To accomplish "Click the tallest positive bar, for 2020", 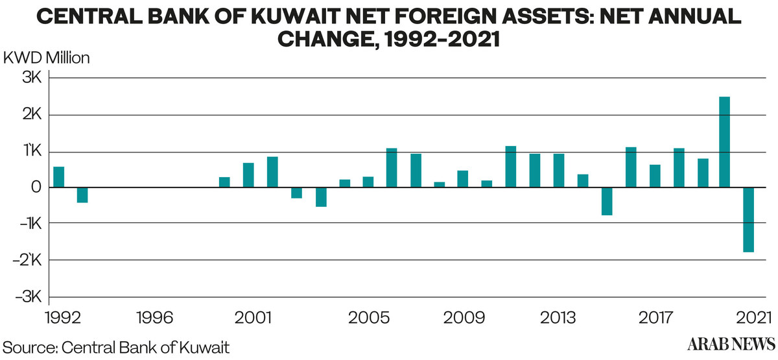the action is click(724, 142).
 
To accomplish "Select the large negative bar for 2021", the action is click(748, 220).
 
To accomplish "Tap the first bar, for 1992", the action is click(59, 177).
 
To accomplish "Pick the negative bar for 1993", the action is click(82, 195).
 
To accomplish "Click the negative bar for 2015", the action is click(607, 201).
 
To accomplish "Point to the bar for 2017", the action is click(655, 176).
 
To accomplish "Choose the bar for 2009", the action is click(463, 179).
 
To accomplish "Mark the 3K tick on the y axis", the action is click(32, 77).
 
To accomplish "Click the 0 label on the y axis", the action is click(36, 187).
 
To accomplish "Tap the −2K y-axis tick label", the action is click(27, 260).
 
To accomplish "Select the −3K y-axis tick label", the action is click(29, 297).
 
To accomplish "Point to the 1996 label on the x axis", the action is click(155, 318).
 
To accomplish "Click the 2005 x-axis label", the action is click(369, 318).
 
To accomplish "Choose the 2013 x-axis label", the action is click(558, 318).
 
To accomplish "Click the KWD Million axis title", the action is click(47, 58).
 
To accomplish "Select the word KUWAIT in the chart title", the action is click(296, 16).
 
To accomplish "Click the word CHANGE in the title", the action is click(325, 39).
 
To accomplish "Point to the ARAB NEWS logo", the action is click(731, 344).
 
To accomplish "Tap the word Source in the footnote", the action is click(30, 348).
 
